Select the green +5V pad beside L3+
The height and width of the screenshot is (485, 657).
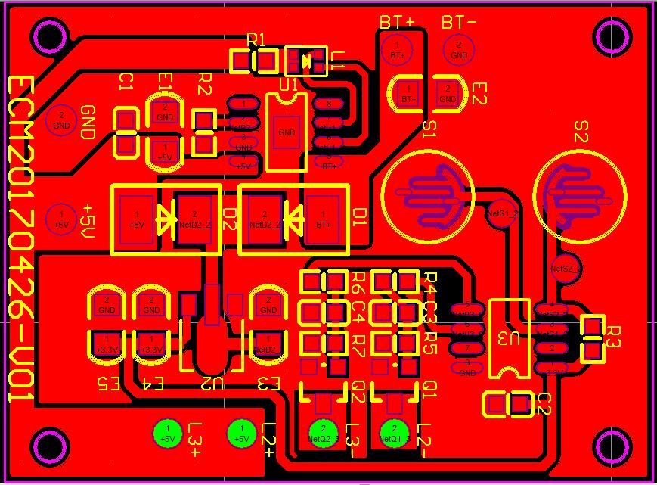(168, 433)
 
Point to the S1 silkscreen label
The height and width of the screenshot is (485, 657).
(429, 130)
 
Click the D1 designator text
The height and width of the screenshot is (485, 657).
(360, 217)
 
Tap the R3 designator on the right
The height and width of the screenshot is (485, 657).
(614, 336)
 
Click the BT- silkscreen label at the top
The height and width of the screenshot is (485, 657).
(459, 23)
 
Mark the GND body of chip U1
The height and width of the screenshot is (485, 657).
(287, 133)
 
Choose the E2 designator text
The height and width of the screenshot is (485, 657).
(479, 93)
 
